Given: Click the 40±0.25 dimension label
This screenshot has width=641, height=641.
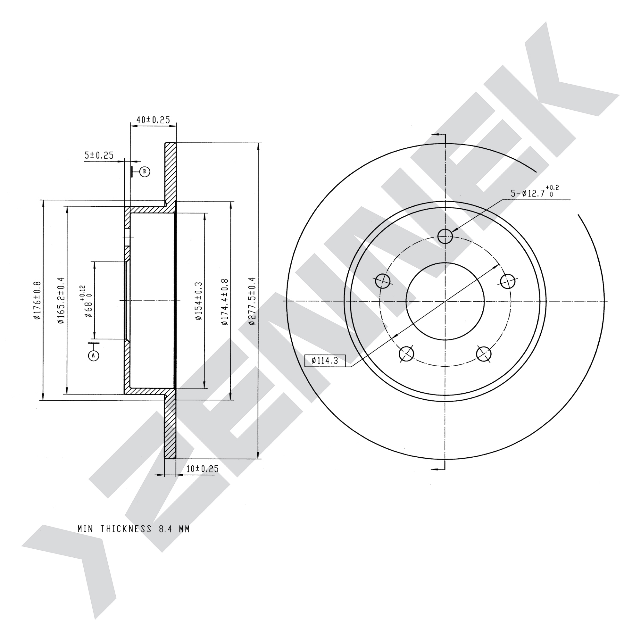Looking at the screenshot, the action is point(153,120).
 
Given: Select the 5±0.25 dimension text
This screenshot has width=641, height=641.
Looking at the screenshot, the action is point(99,155).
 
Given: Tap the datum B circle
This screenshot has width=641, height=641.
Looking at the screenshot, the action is point(145,171).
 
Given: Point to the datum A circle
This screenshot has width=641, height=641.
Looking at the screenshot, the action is point(94,355).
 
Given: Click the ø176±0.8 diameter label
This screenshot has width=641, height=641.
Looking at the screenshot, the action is point(37,300).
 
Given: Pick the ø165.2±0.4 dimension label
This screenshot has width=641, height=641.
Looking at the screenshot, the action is point(61,300).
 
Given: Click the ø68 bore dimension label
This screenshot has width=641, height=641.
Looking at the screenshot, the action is point(86,301).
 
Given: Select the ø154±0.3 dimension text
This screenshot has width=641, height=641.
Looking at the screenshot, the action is point(198,301).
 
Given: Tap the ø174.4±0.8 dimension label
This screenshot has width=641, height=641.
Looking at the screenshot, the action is point(225,302).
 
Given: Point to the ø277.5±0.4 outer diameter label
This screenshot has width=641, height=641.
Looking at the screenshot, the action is point(252,301).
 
